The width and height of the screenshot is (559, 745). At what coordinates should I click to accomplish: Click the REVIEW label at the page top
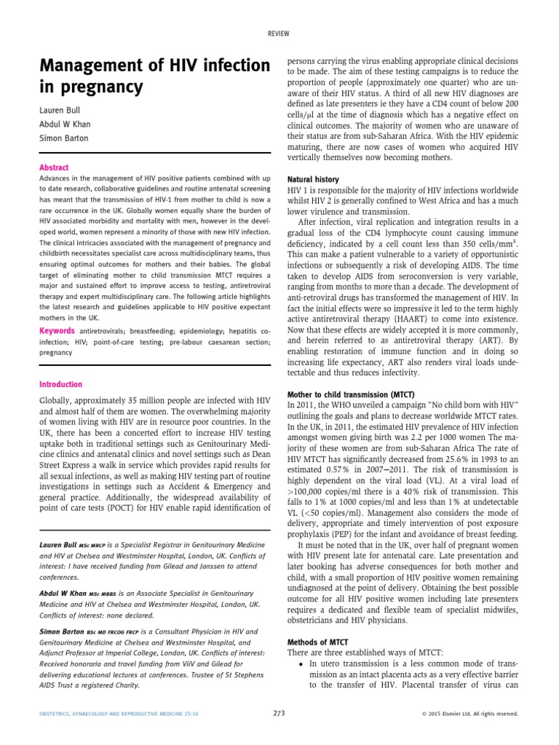[x=279, y=33]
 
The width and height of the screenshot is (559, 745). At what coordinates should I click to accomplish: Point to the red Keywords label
[x=56, y=331]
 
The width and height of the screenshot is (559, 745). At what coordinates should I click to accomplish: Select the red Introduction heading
[x=60, y=384]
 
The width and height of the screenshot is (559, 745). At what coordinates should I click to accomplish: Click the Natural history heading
[x=312, y=179]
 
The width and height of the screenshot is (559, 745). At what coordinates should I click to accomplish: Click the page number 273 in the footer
[x=279, y=714]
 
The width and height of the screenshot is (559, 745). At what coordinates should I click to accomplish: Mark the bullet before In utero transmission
[x=301, y=665]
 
